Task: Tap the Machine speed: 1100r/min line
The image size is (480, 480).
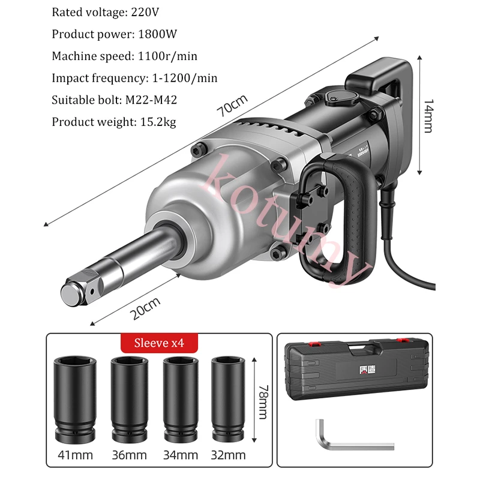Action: point(124,56)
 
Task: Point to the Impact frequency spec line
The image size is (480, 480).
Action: point(134,78)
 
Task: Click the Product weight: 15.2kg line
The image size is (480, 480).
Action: point(114,122)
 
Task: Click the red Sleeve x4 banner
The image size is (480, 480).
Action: point(159,344)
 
